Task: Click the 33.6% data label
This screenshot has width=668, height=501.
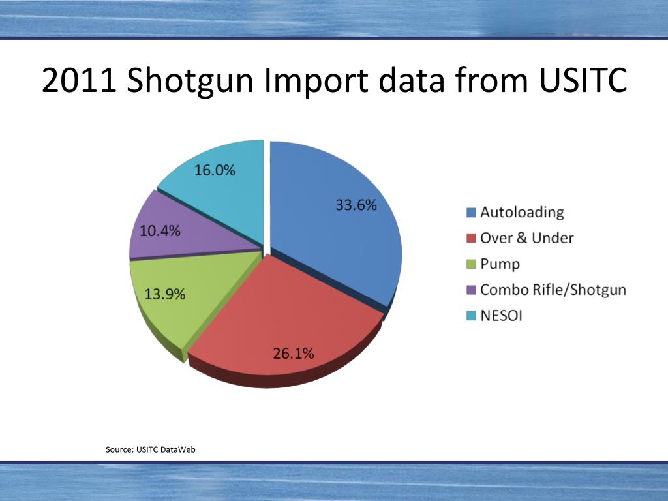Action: (x=356, y=205)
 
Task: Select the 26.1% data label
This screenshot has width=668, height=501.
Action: (x=293, y=354)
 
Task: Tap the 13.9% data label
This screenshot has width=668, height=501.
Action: (x=164, y=294)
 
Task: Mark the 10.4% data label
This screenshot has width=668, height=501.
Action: (x=159, y=231)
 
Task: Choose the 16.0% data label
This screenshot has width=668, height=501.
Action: (x=215, y=170)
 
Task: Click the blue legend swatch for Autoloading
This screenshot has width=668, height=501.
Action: (x=471, y=213)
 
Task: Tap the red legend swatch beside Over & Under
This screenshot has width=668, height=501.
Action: (x=471, y=239)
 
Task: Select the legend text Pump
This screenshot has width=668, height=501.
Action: (x=500, y=264)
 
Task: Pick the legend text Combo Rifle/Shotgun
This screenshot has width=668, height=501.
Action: (x=553, y=290)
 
